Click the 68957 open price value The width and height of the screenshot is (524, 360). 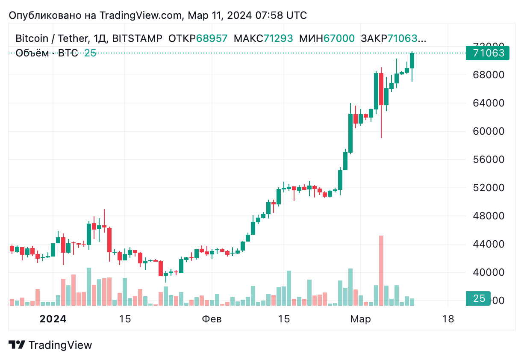coord(212,38)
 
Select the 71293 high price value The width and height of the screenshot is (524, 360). coord(278,38)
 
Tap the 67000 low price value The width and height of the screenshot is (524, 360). coord(339,38)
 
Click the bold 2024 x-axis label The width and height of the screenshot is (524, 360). coord(53,319)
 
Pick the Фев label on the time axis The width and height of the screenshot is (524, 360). coord(212,319)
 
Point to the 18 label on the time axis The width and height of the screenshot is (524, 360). coord(448,319)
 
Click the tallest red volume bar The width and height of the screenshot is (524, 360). coord(381,270)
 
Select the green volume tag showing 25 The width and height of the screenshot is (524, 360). coord(479,298)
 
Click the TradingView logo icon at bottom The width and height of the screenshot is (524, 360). coord(17,345)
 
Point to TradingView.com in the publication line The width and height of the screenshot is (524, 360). coord(141,15)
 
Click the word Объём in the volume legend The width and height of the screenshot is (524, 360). coord(32,53)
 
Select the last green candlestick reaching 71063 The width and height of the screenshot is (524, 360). coord(412,61)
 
